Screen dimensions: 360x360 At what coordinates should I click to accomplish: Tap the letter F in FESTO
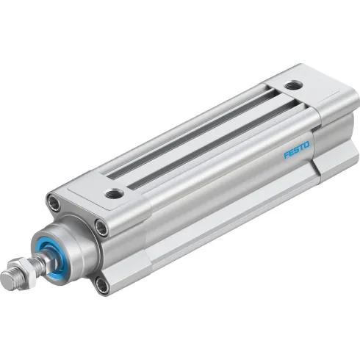287,155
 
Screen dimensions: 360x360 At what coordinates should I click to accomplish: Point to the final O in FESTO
307,145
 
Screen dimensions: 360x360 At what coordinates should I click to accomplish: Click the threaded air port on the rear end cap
293,84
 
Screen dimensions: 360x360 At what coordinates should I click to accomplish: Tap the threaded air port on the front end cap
114,194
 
